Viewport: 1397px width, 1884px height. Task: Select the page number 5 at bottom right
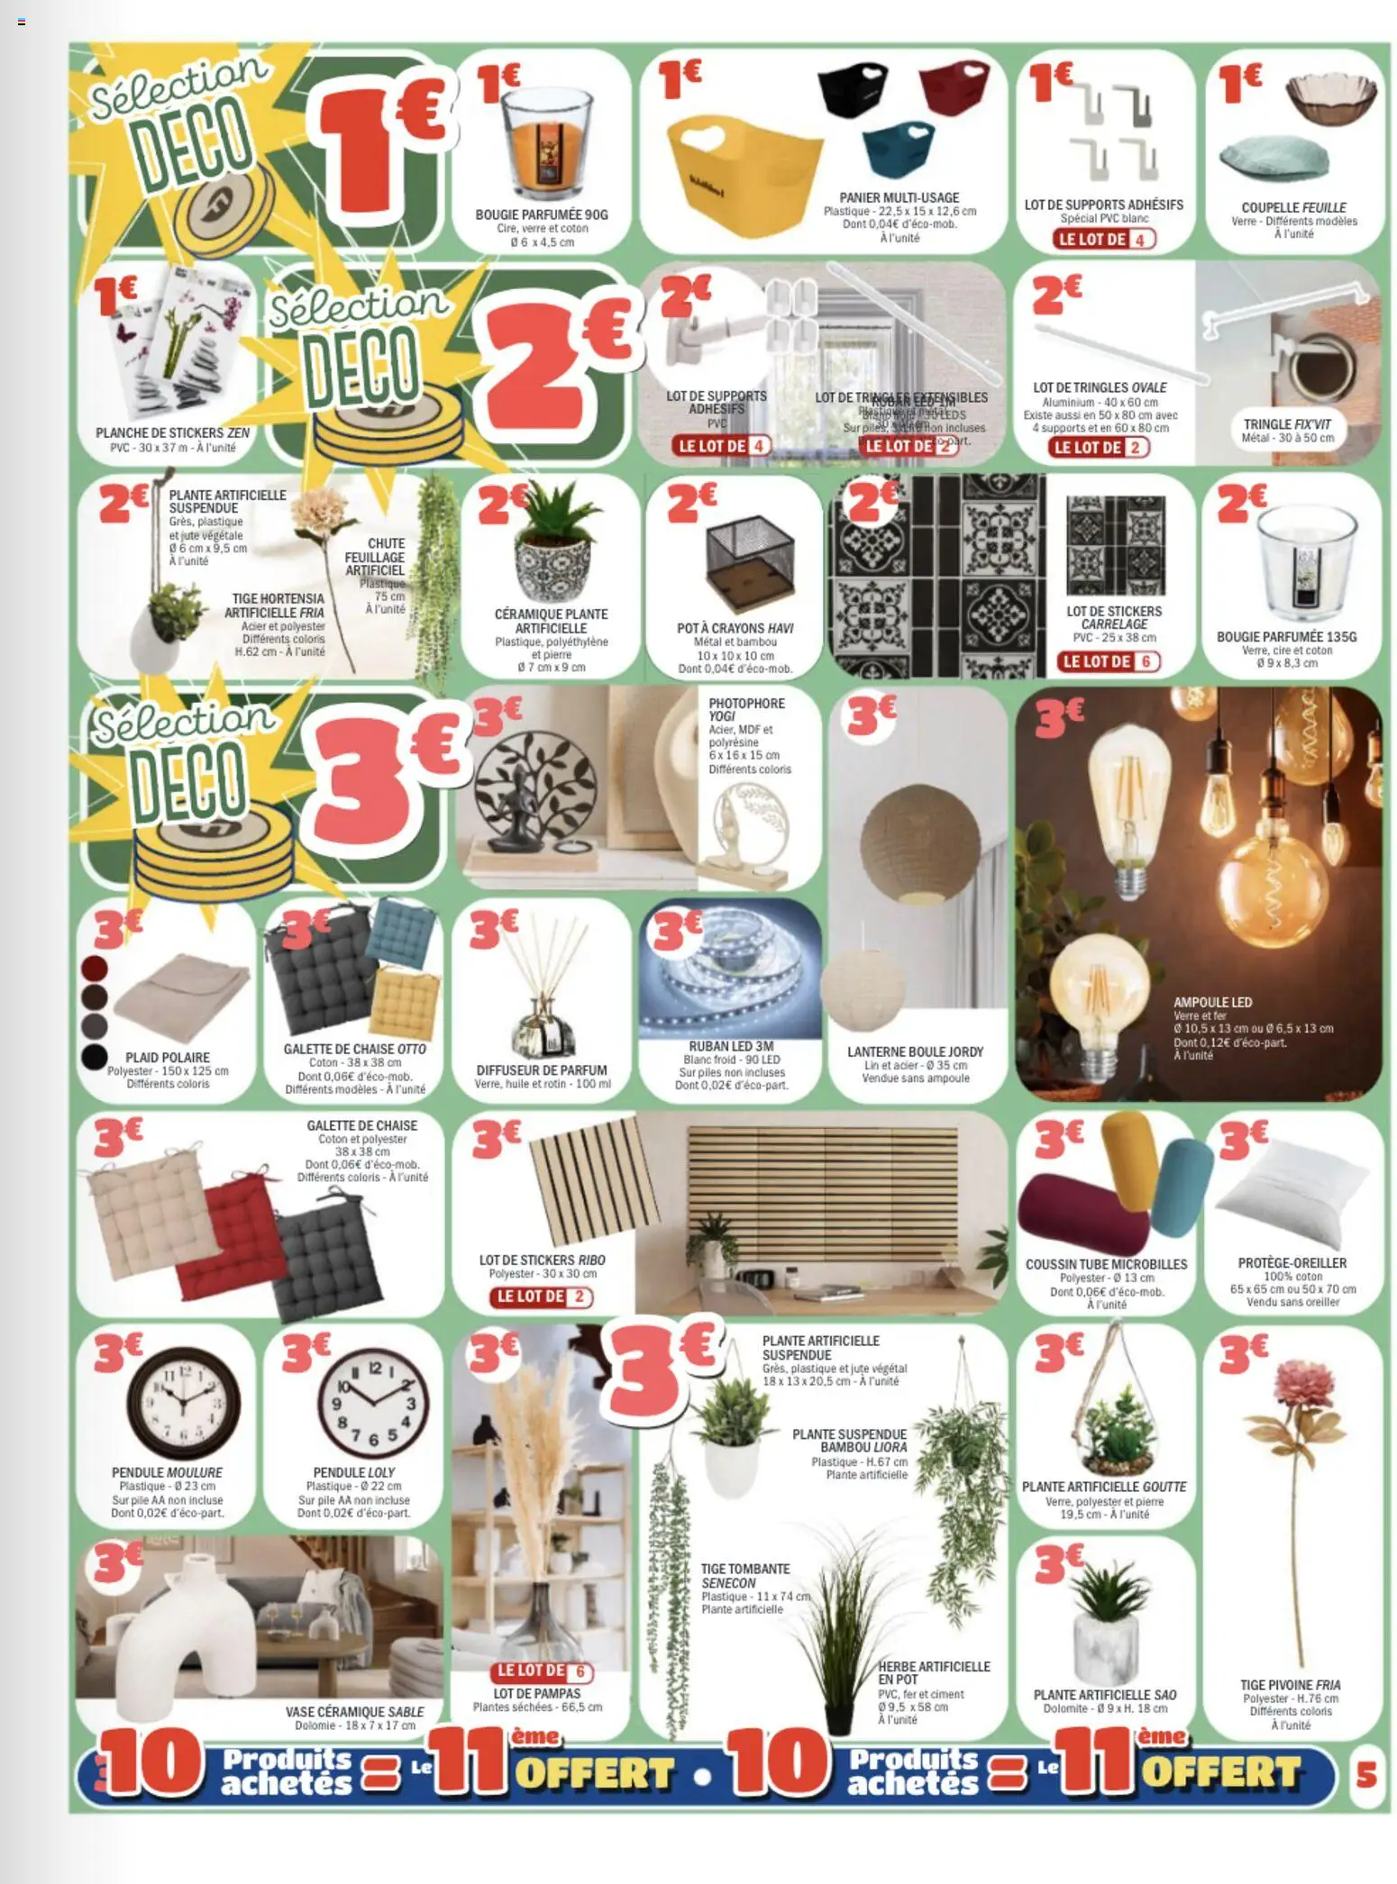1365,1774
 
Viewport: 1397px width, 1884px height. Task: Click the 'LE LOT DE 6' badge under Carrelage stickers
1109,661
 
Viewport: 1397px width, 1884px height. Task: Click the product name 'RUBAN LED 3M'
731,1046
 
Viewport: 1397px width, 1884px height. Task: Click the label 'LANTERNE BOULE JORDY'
915,1051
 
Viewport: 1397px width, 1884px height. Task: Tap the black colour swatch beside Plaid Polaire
94,1057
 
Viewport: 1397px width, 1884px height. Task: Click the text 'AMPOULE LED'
1212,1002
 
